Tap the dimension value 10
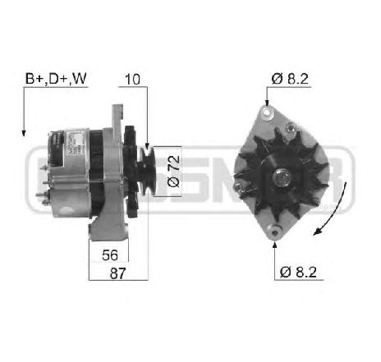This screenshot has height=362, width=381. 132,80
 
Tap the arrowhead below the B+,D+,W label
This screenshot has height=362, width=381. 24,131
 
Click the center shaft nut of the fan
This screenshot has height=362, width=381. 282,175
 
